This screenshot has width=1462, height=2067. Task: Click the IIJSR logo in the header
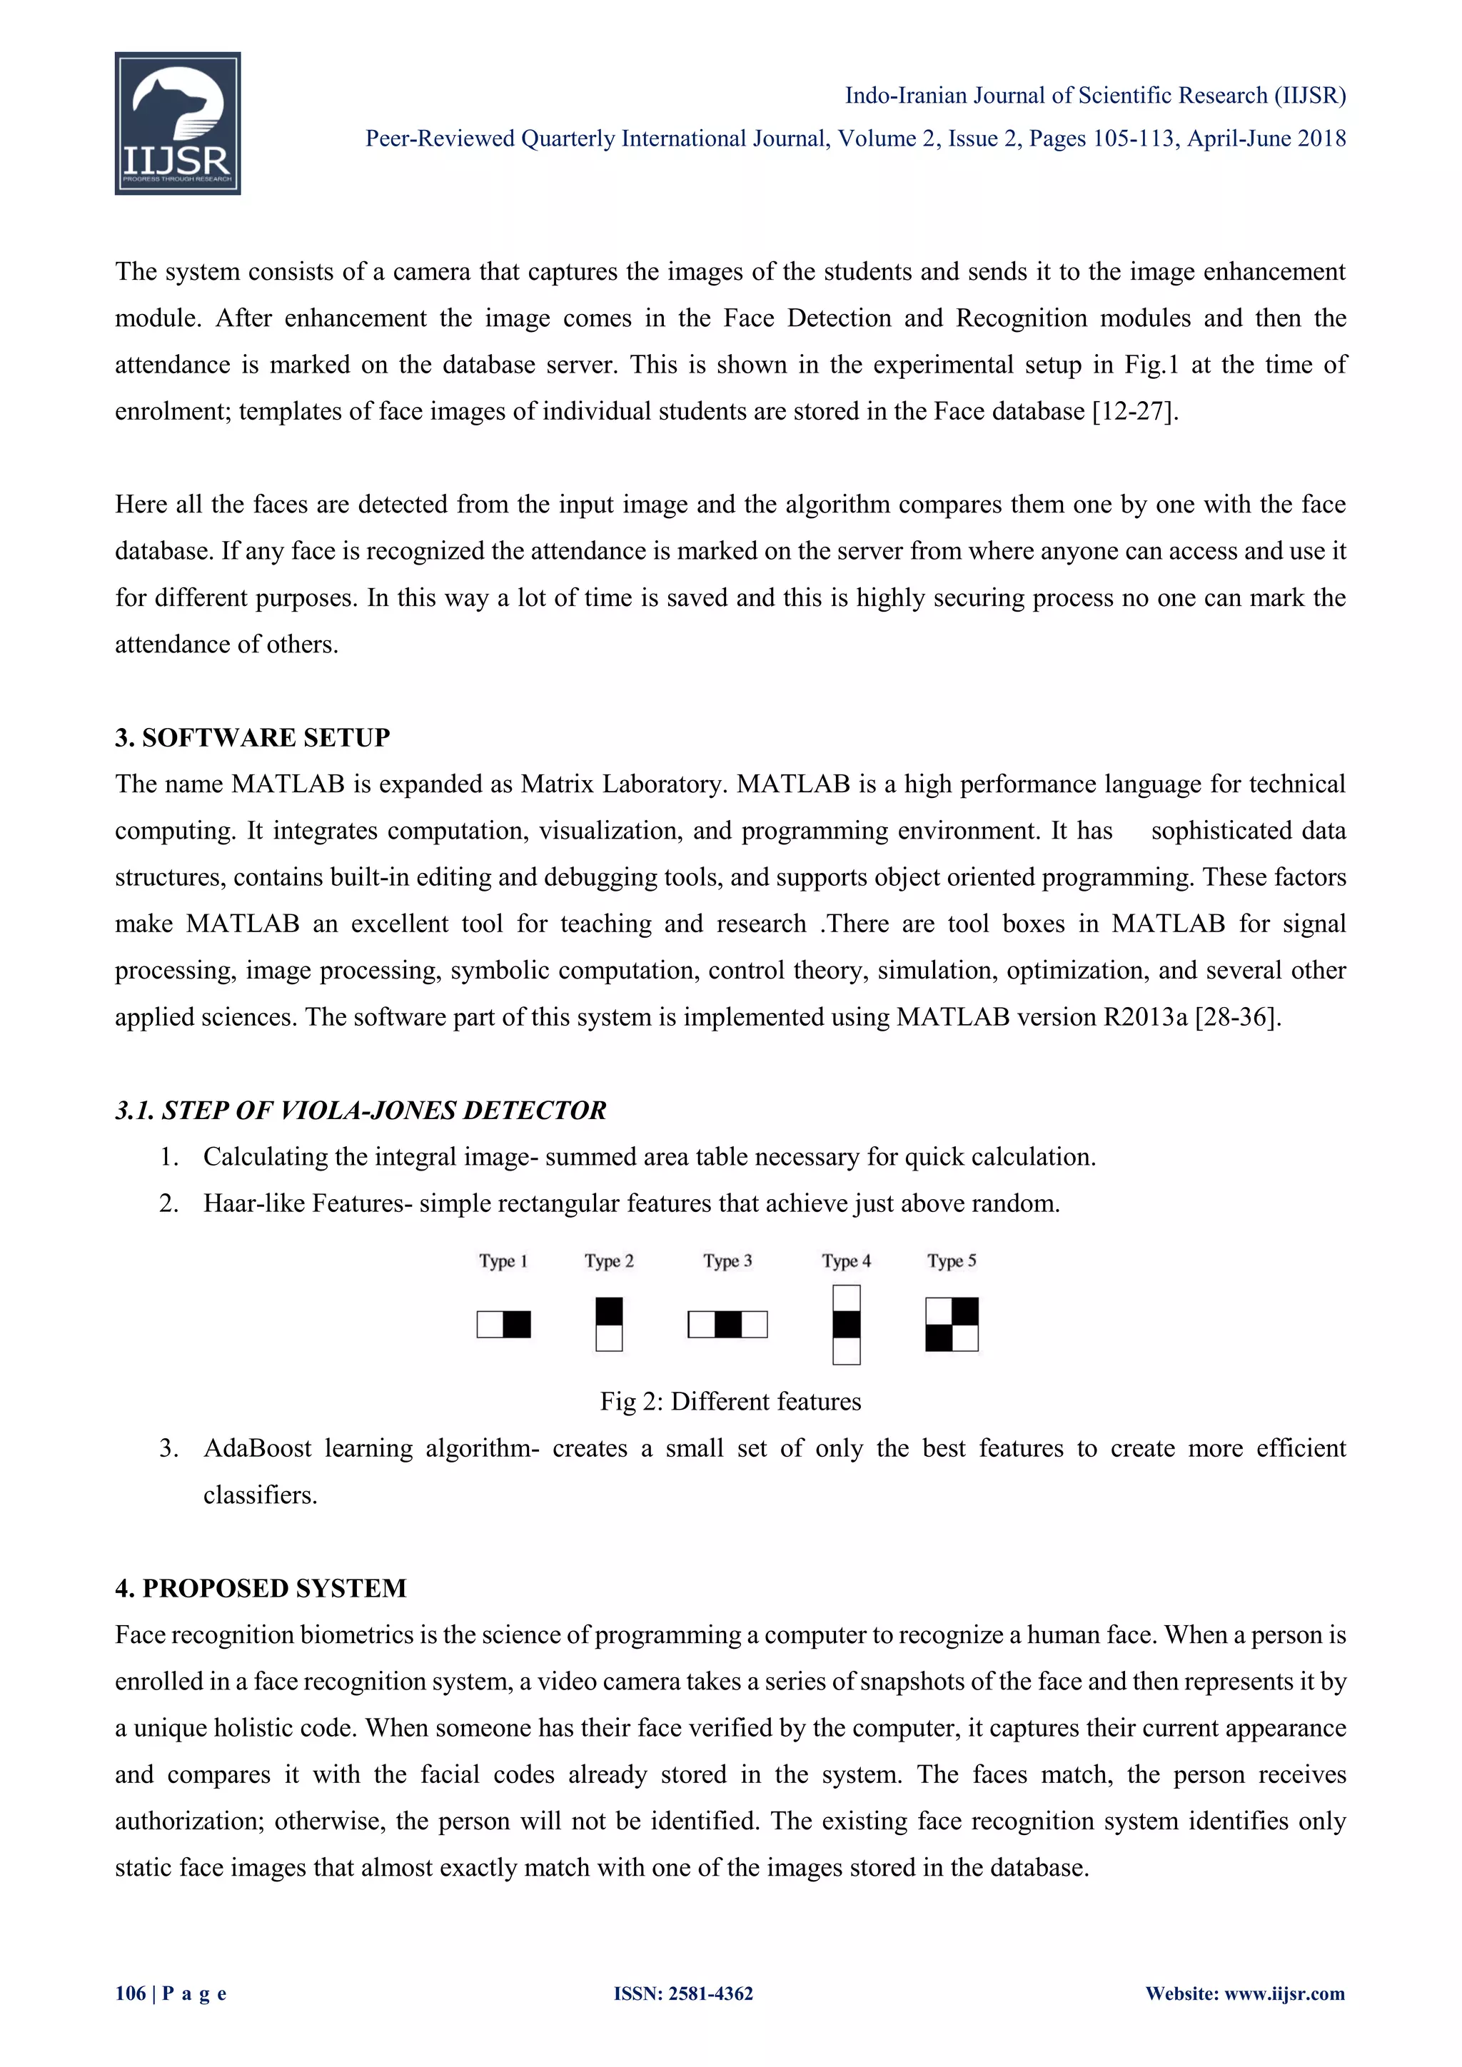click(x=177, y=123)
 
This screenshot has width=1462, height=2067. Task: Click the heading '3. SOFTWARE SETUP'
click(x=252, y=737)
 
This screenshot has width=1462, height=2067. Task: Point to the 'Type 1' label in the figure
click(x=503, y=1260)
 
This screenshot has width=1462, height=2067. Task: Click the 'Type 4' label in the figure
click(x=846, y=1260)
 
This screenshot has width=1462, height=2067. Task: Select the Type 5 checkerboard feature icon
click(x=952, y=1324)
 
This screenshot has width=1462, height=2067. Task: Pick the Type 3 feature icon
click(x=727, y=1324)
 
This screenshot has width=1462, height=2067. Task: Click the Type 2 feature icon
click(x=610, y=1324)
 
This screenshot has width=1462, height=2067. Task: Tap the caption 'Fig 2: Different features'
click(x=730, y=1401)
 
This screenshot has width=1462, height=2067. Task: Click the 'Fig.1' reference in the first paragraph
click(x=1151, y=365)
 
